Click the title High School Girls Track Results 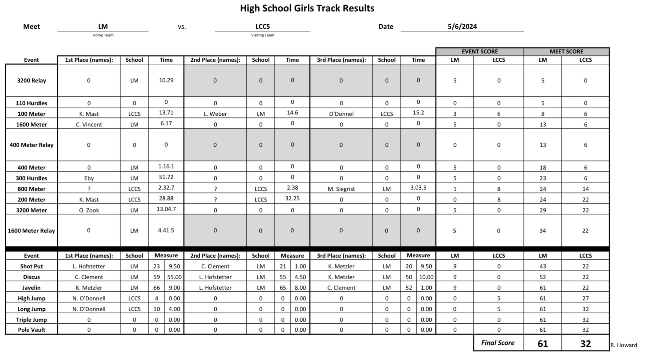[x=307, y=8]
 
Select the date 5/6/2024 [x=462, y=26]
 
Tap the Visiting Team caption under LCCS [x=262, y=35]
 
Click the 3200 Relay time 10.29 [x=166, y=80]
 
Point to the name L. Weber [x=215, y=114]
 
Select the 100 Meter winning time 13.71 [x=166, y=113]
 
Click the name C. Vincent [x=89, y=124]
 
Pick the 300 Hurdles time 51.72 [x=166, y=177]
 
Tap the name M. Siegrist [x=341, y=189]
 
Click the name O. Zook [x=89, y=210]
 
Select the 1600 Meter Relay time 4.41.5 [x=166, y=230]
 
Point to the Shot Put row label [x=31, y=266]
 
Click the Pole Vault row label [x=31, y=330]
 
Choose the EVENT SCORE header [x=479, y=51]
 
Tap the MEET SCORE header [x=566, y=51]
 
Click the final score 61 [x=543, y=344]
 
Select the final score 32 [x=585, y=344]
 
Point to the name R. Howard [x=624, y=345]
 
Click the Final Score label [x=497, y=343]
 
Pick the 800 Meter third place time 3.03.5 [x=418, y=188]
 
